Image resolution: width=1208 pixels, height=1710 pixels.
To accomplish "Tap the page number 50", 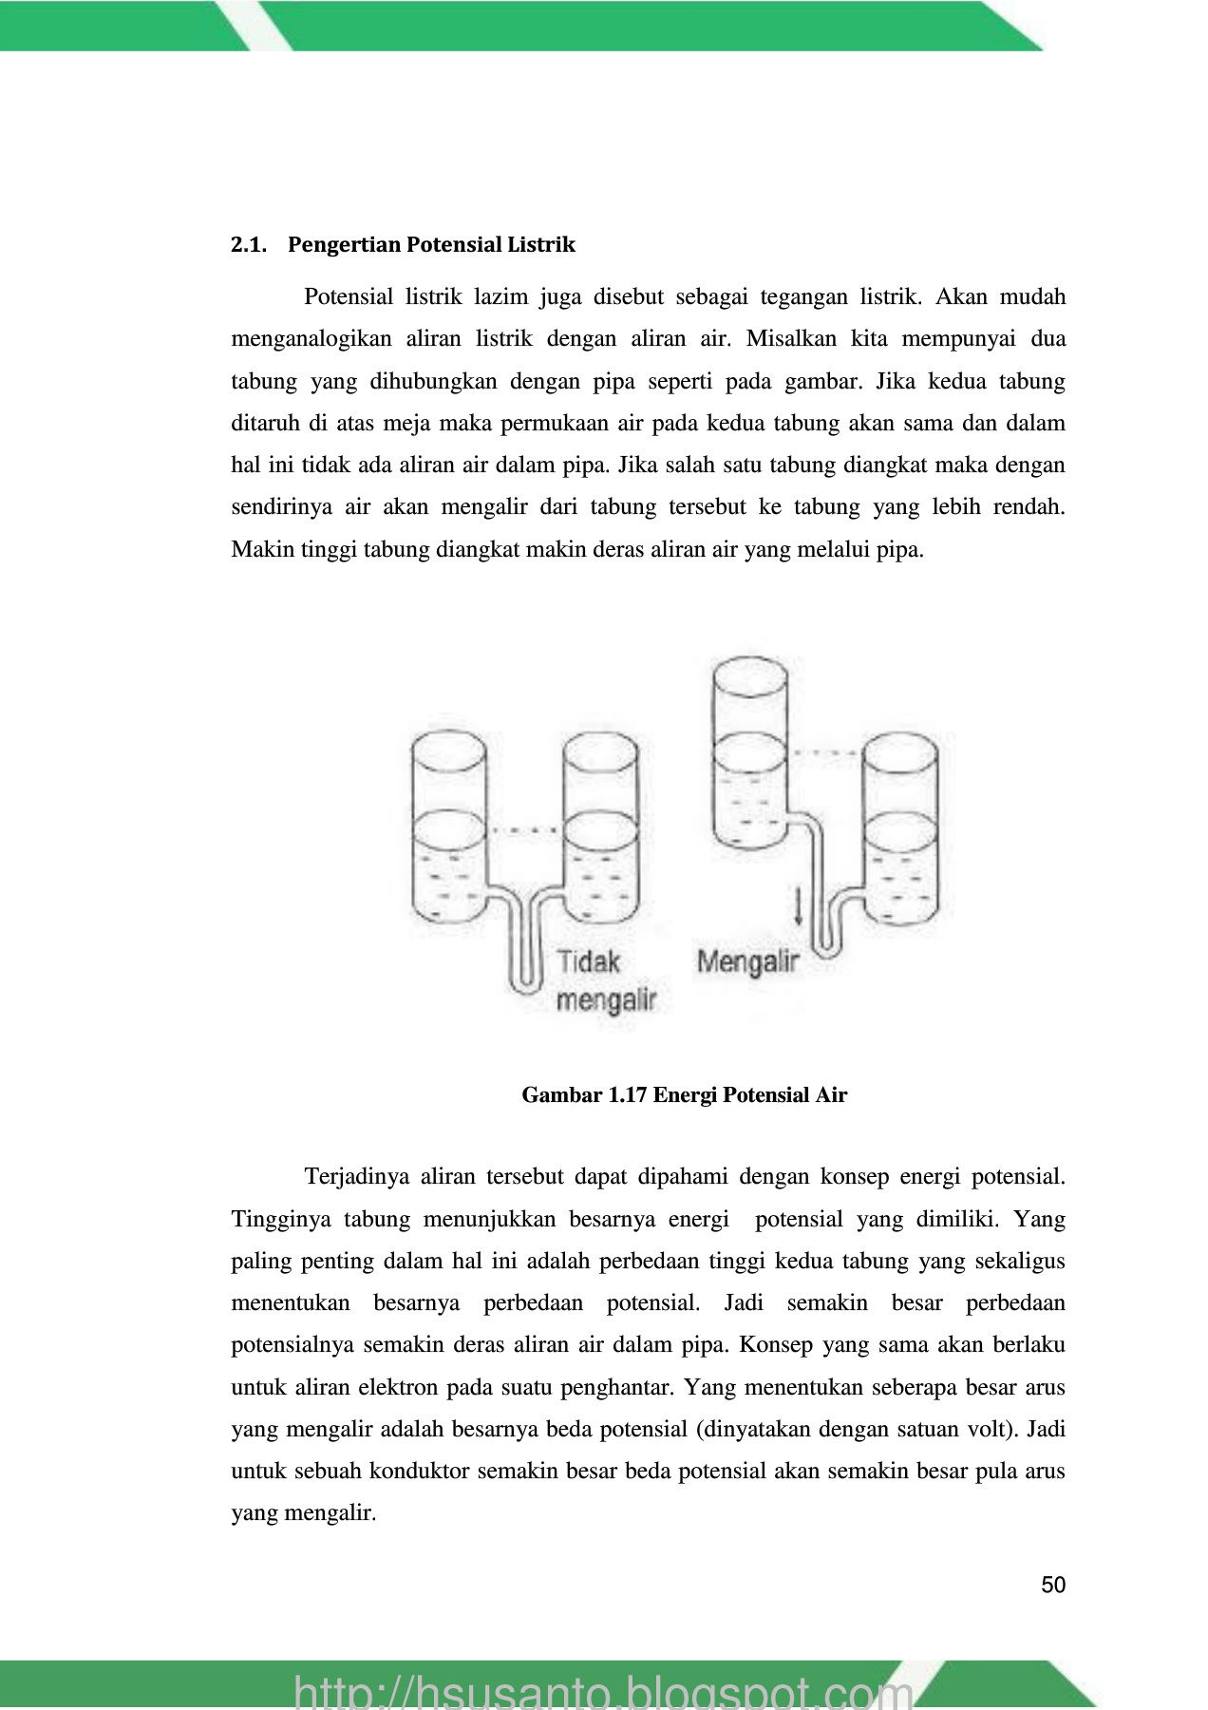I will click(1053, 1585).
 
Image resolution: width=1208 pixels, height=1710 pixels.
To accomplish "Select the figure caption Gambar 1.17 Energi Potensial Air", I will click(684, 1095).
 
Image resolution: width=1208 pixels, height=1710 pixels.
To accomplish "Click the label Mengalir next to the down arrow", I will click(748, 961).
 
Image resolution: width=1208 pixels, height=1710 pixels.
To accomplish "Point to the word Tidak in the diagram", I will click(588, 961).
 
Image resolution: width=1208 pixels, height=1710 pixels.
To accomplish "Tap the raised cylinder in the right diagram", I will click(749, 750).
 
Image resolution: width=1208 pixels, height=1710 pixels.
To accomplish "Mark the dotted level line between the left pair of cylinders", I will click(525, 830).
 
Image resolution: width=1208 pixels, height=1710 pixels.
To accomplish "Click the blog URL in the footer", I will click(603, 1691).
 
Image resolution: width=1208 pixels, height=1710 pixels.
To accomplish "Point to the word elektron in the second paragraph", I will click(399, 1387).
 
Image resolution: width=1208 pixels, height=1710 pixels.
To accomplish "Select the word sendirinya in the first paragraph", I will click(282, 507).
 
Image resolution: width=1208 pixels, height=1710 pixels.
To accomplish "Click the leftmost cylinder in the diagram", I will click(448, 826).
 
